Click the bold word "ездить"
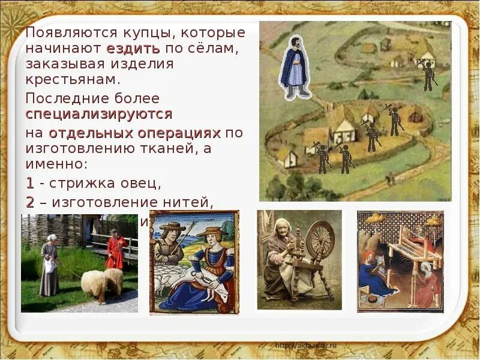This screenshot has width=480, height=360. [133, 48]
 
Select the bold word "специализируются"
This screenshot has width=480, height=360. [99, 113]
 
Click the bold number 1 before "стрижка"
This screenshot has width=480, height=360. [30, 182]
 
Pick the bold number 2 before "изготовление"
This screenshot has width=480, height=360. [30, 202]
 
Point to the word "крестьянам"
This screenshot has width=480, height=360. [73, 79]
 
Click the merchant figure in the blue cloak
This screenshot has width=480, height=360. [294, 67]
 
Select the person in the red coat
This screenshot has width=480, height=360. [115, 249]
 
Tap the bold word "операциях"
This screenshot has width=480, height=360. [181, 132]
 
